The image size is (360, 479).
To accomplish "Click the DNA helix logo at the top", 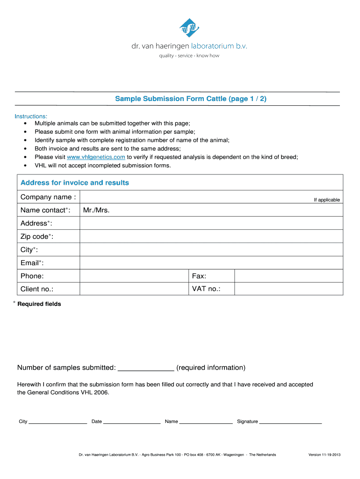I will coord(189,28).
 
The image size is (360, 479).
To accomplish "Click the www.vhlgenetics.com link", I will coord(96,157).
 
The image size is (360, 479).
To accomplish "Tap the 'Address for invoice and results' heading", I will coord(75,182).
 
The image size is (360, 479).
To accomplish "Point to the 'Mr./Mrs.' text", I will coord(96,210).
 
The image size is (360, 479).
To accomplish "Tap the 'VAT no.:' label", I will coord(206,289).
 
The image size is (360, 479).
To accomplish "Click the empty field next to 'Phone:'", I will coord(134,276).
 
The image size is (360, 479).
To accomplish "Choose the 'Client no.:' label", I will coord(37,289).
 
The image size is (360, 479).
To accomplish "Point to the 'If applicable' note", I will coord(327,200).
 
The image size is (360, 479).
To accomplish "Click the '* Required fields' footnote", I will coord(37,304).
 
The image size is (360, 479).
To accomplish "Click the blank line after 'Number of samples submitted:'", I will coord(146,367).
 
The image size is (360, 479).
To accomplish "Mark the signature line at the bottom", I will coord(290,421).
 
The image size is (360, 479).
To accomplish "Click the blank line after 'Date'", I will coord(132,421).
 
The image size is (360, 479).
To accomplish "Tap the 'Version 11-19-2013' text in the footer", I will coord(324,455).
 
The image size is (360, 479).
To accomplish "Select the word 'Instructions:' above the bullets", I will coord(31,116).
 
